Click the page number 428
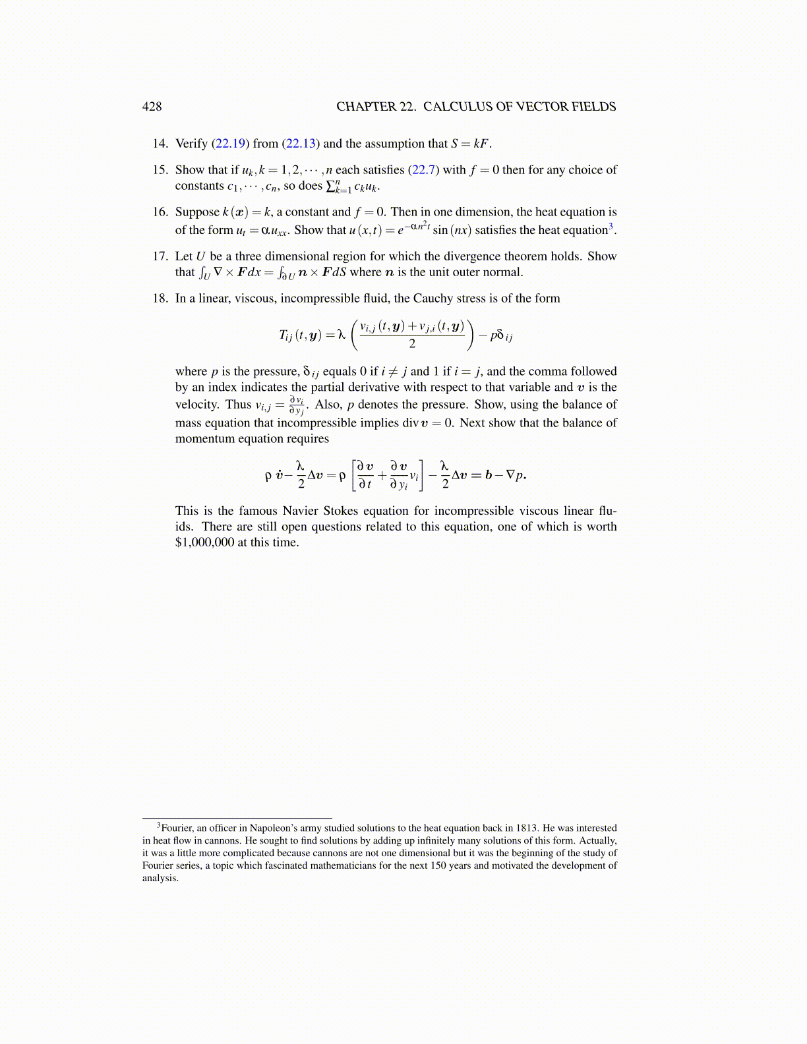[x=152, y=107]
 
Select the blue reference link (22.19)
[x=230, y=144]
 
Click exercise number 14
[x=160, y=144]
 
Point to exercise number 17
[x=160, y=256]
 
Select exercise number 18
[x=160, y=299]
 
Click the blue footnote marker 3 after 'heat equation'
[x=611, y=226]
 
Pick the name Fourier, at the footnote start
[x=177, y=828]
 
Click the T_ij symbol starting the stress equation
[x=288, y=335]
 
